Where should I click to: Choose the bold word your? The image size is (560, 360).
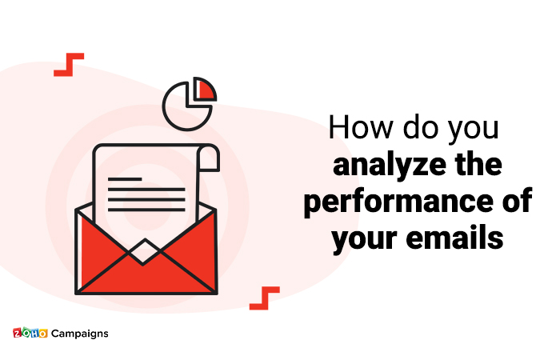[365, 238]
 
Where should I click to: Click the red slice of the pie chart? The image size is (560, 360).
[206, 89]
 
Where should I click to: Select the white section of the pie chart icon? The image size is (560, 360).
[183, 104]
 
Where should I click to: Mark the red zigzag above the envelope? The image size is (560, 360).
[69, 64]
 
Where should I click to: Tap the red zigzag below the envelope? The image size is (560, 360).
[264, 298]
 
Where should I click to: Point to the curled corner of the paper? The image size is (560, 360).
[210, 159]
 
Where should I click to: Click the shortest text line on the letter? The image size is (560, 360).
[126, 178]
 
